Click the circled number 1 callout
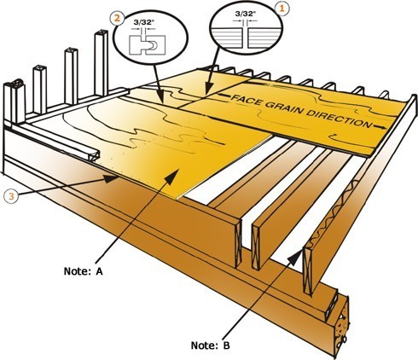(282, 9)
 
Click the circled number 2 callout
(117, 18)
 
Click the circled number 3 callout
(11, 196)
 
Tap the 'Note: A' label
(84, 271)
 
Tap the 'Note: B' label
(210, 345)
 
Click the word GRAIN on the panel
(282, 108)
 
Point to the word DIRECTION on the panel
(340, 119)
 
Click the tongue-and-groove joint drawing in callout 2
(148, 44)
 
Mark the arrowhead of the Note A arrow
(172, 177)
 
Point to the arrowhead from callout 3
(111, 178)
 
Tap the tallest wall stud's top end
(101, 33)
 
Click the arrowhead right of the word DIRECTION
(380, 126)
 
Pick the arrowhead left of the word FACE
(224, 96)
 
